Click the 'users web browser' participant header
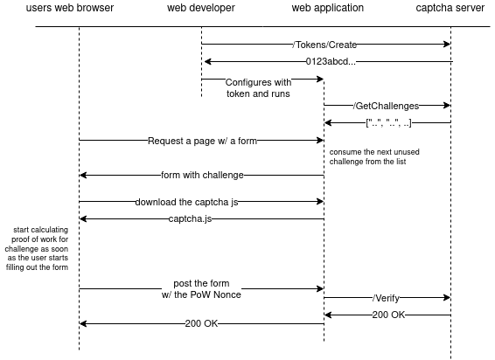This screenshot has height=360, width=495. (x=79, y=9)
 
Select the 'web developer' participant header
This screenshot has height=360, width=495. (x=201, y=9)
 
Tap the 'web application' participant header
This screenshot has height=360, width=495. (x=324, y=9)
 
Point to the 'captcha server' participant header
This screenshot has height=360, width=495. (x=450, y=9)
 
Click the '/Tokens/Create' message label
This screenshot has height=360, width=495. (x=325, y=44)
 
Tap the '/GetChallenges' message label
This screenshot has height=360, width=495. (x=387, y=105)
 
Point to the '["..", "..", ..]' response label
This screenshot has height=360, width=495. (x=387, y=122)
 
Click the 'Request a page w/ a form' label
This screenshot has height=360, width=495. (x=201, y=140)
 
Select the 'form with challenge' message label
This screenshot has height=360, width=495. (x=201, y=175)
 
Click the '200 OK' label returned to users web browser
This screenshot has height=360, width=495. (x=201, y=323)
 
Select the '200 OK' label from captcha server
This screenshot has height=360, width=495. (x=387, y=315)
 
